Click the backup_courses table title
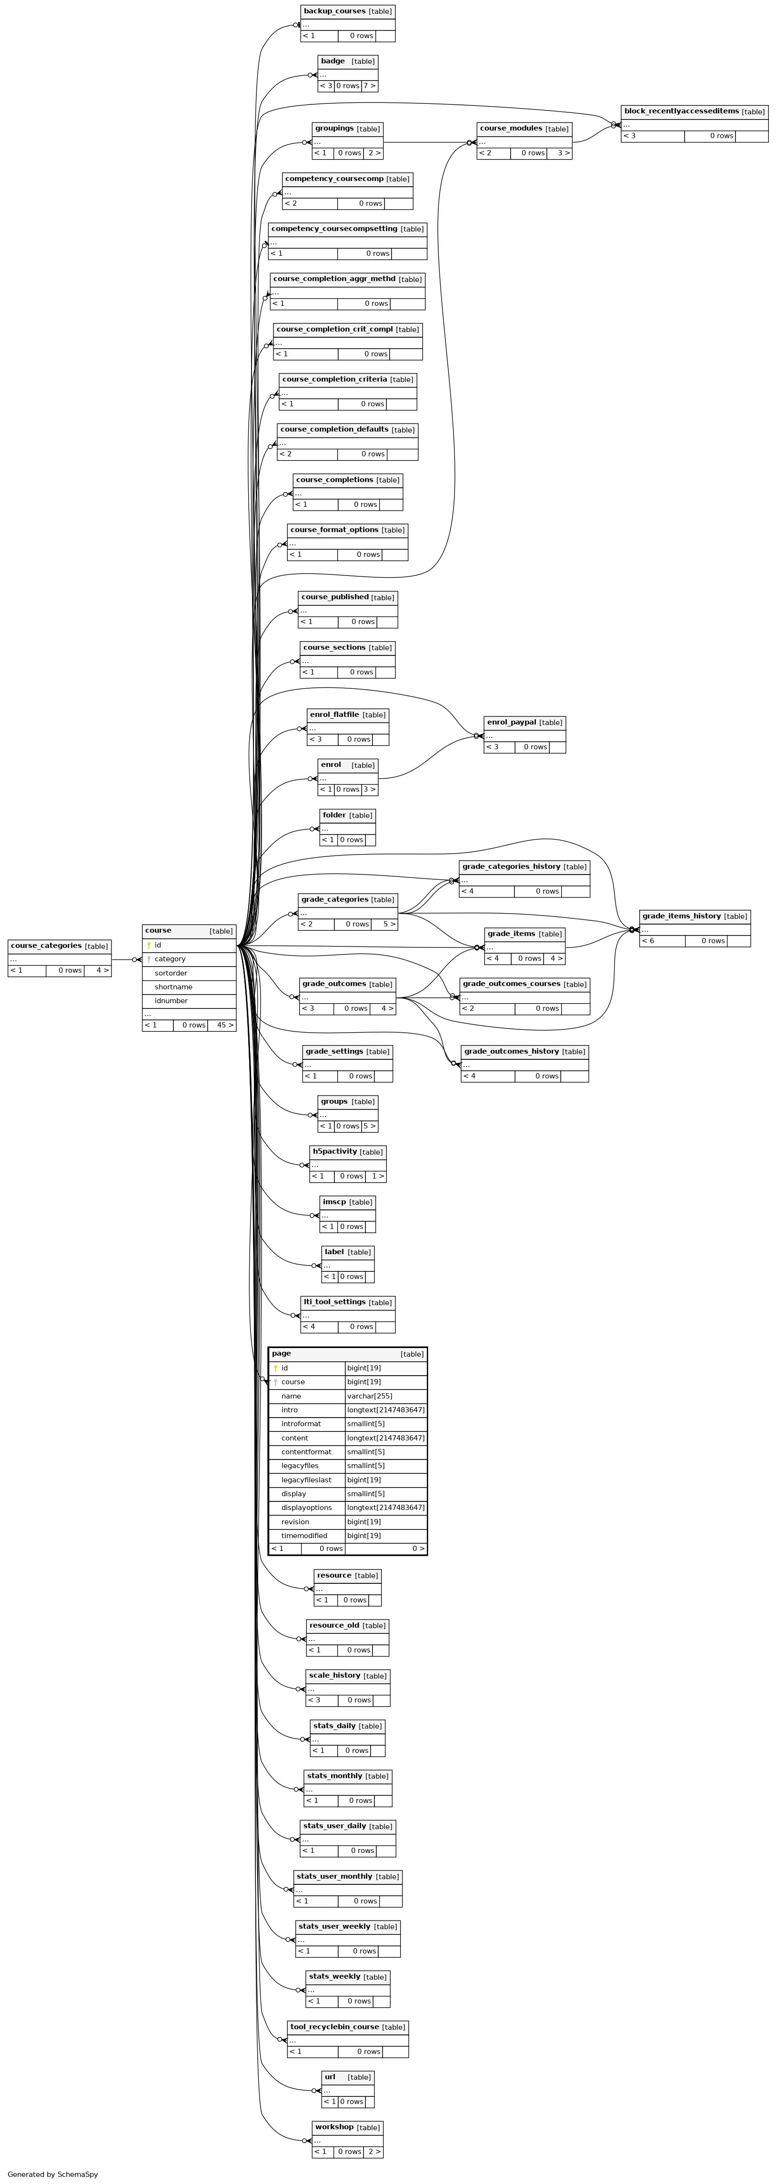coord(334,11)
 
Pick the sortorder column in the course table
coord(171,973)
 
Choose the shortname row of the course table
coord(173,987)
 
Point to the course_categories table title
coord(46,946)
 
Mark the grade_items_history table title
coord(681,916)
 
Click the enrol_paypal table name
coord(512,722)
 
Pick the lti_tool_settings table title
coord(334,1301)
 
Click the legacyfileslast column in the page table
coord(306,1479)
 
